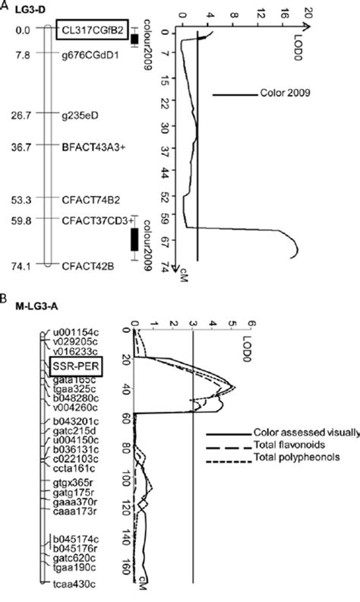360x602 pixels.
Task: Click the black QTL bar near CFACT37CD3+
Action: point(134,239)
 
